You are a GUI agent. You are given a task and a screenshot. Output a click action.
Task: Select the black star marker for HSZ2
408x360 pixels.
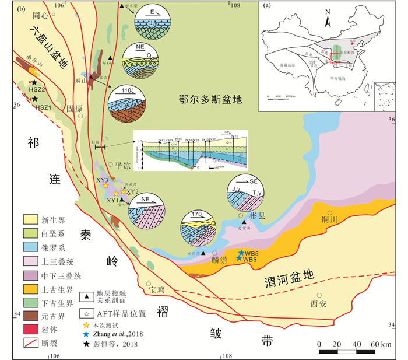click(34, 83)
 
